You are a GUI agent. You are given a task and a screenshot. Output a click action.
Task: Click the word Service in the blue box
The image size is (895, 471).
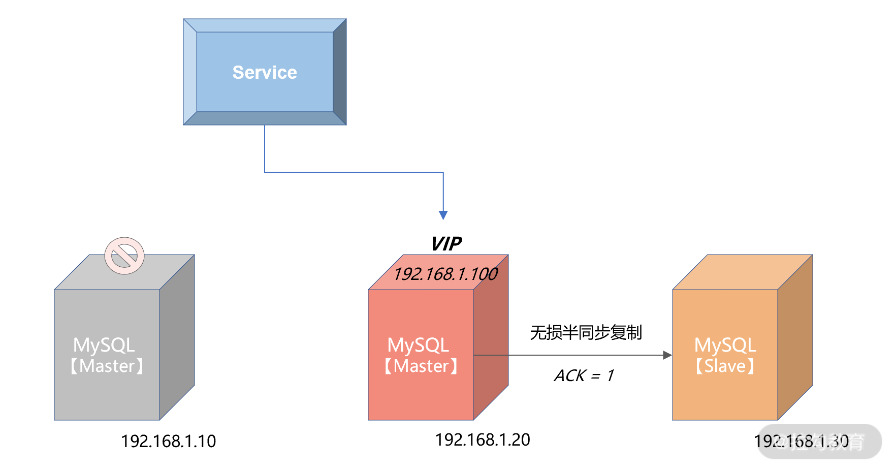pos(265,73)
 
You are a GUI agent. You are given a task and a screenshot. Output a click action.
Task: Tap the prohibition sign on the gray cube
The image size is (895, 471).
pos(124,256)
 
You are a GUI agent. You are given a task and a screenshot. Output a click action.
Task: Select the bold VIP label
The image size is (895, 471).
pos(446,244)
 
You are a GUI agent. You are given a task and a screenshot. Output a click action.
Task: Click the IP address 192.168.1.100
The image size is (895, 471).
pos(445,274)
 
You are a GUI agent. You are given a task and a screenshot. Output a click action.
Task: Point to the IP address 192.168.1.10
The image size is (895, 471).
pos(168,441)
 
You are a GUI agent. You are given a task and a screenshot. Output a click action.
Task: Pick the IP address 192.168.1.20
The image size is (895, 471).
pos(483,439)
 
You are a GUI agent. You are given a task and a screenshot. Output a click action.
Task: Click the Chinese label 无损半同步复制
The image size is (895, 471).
pos(586,332)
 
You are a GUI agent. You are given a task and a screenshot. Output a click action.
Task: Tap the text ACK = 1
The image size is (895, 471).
pos(584,375)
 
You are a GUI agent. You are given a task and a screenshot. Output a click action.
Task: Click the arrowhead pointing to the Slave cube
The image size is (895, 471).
pos(667,355)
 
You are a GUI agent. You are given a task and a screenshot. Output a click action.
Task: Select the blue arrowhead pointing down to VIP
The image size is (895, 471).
pos(443,215)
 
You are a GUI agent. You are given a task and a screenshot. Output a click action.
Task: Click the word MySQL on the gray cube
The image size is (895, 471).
pos(104,345)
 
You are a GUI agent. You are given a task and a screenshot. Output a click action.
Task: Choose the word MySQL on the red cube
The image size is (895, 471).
pos(418,345)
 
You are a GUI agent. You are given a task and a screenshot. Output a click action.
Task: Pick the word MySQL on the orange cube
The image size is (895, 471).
pos(725,345)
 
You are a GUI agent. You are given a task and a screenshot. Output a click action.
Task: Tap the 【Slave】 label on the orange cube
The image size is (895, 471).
pos(725,366)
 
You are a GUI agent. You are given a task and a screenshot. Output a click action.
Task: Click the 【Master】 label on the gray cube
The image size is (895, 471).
pos(107,366)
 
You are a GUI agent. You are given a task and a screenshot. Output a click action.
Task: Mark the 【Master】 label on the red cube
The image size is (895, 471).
pos(421,366)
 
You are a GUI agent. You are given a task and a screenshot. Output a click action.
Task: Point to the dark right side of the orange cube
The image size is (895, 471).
pos(795,338)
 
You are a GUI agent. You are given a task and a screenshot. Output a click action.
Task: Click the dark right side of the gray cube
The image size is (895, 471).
pos(177,338)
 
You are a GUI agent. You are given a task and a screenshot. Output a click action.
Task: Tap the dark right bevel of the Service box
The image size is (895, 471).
pos(340,72)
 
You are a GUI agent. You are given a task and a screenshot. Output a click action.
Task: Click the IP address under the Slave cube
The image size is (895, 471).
pos(801,441)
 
